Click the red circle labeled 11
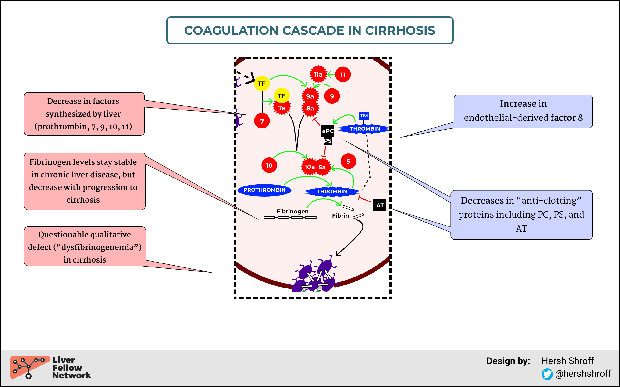click(343, 74)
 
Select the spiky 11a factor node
click(318, 74)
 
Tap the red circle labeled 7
click(262, 121)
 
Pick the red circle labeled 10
click(269, 165)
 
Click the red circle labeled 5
click(348, 161)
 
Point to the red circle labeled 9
click(332, 96)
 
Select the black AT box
click(380, 205)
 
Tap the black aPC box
click(328, 131)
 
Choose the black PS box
click(328, 141)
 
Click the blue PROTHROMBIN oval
click(264, 190)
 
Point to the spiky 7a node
click(282, 108)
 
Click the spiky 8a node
click(310, 109)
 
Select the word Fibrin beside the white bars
click(340, 215)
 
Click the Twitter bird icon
click(547, 374)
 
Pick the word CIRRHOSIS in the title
click(400, 30)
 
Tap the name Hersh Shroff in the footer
click(568, 361)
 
